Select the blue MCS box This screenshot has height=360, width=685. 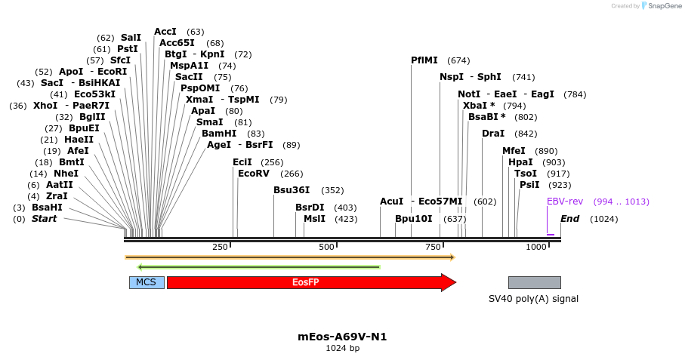pyautogui.click(x=147, y=282)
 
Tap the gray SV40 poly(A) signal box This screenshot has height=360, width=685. pyautogui.click(x=534, y=282)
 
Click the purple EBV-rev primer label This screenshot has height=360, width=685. pyautogui.click(x=565, y=202)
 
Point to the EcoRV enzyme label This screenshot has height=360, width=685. pyautogui.click(x=253, y=174)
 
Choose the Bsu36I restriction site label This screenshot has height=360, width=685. pyautogui.click(x=292, y=190)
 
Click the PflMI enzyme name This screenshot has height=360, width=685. pyautogui.click(x=424, y=60)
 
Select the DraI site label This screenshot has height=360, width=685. pyautogui.click(x=493, y=134)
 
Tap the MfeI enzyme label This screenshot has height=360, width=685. pyautogui.click(x=514, y=151)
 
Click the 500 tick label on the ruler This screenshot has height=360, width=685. pyautogui.click(x=326, y=248)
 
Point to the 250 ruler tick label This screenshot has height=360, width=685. pyautogui.click(x=220, y=248)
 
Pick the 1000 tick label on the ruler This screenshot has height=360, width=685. pyautogui.click(x=535, y=248)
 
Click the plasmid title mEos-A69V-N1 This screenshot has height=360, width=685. pyautogui.click(x=342, y=337)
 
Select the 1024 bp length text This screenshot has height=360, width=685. pyautogui.click(x=342, y=348)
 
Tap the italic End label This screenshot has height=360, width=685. pyautogui.click(x=569, y=219)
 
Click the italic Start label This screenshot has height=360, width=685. pyautogui.click(x=44, y=219)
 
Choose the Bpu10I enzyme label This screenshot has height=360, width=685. pyautogui.click(x=414, y=219)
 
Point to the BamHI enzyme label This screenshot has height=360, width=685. pyautogui.click(x=219, y=134)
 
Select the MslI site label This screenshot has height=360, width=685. pyautogui.click(x=314, y=219)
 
